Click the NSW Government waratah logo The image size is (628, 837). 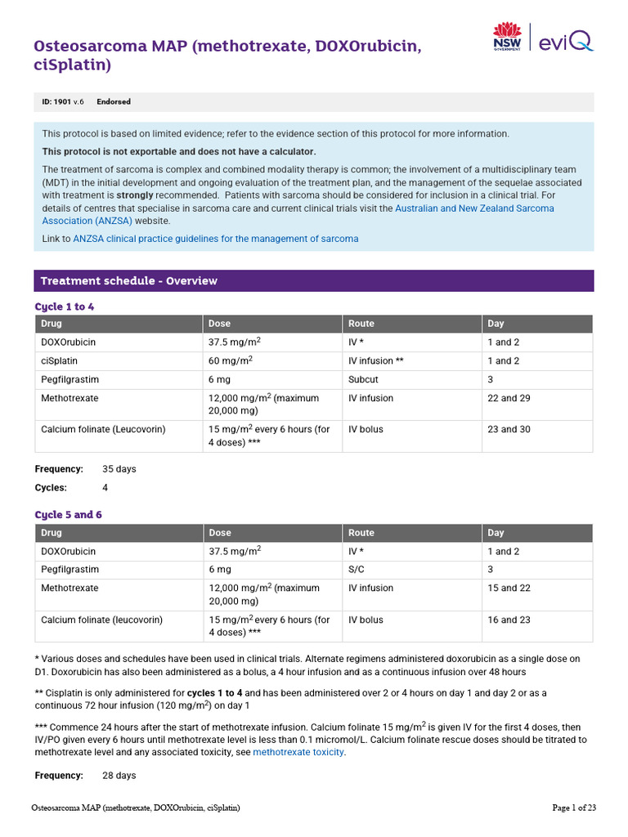(506, 37)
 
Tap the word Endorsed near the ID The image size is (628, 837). (114, 102)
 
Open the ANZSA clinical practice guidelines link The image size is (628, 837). (215, 239)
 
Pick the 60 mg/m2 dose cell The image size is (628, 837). (231, 360)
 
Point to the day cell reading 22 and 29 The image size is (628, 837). (509, 398)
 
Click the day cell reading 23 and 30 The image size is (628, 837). (509, 429)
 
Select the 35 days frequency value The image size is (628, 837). (119, 469)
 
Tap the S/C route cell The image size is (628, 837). (357, 569)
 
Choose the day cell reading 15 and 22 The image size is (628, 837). (509, 588)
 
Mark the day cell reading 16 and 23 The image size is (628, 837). (509, 620)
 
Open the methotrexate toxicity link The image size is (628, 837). (298, 752)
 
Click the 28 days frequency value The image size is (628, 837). (119, 775)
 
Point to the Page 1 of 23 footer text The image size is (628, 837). (574, 808)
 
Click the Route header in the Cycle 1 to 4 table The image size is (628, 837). (361, 324)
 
